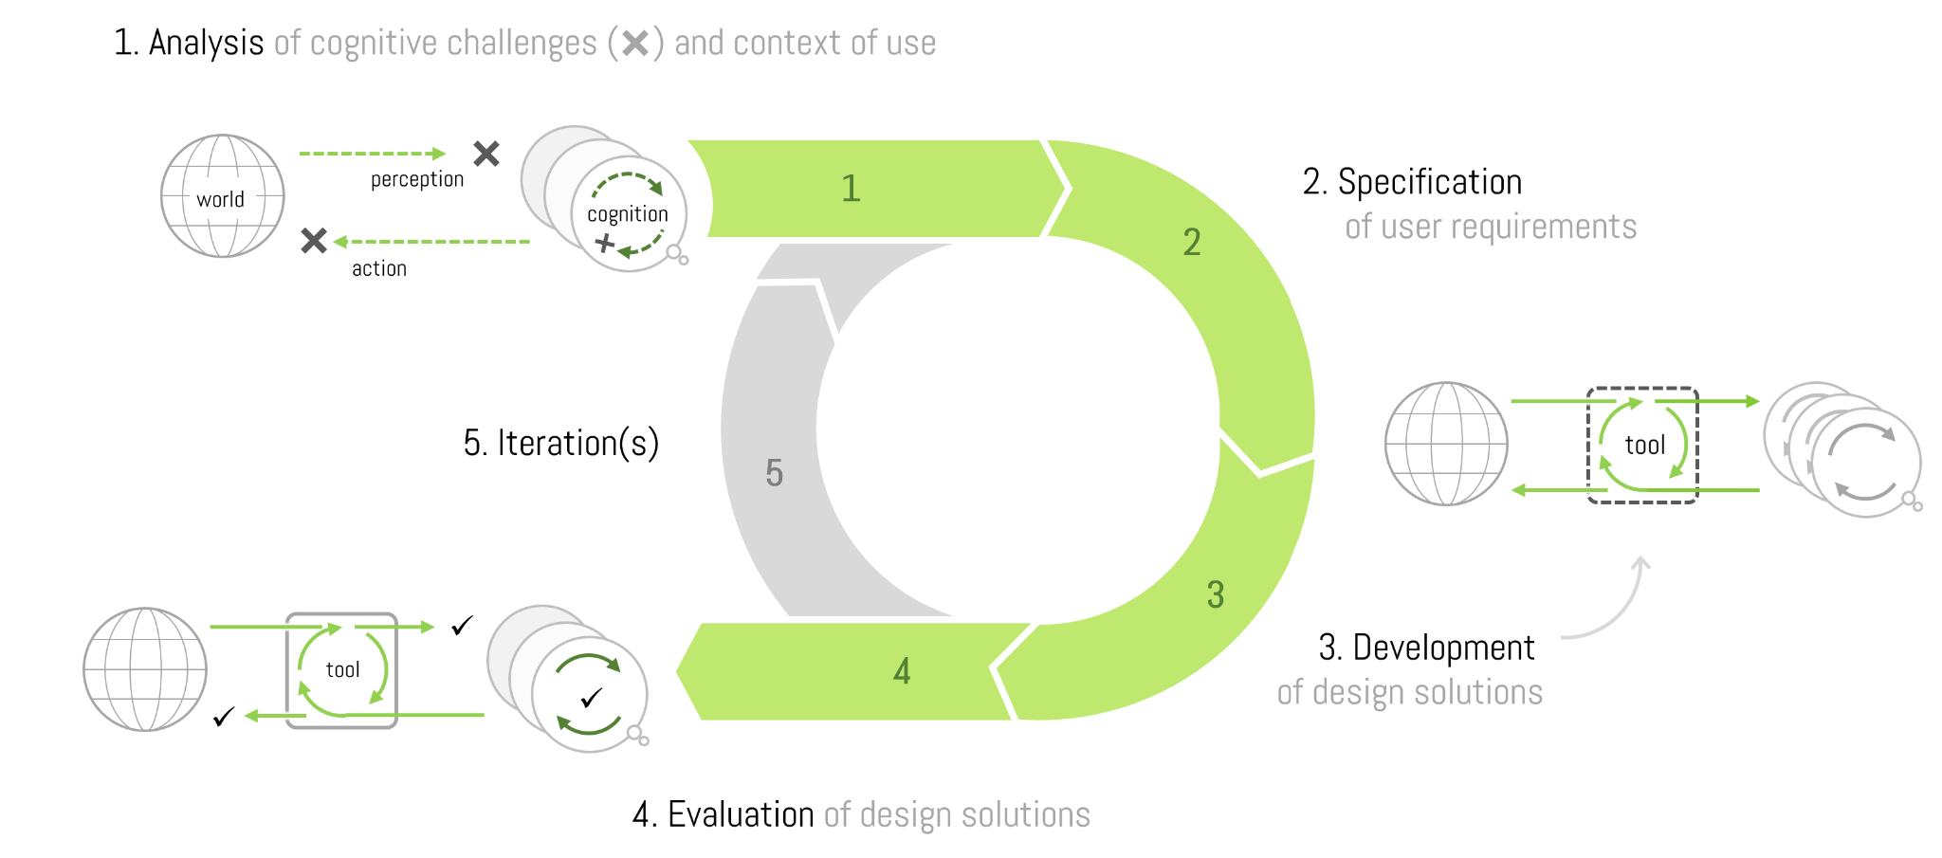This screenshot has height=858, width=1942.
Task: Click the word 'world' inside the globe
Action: tap(220, 199)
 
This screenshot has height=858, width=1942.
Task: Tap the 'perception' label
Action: tap(417, 179)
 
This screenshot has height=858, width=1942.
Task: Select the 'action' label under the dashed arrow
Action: tap(379, 268)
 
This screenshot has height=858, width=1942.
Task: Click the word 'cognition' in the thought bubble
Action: tap(627, 214)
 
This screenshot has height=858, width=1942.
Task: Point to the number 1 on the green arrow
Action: tap(851, 189)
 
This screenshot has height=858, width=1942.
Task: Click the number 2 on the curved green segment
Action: tap(1192, 243)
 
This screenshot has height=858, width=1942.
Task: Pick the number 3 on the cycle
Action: tap(1216, 595)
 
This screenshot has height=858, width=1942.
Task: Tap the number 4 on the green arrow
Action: tap(902, 672)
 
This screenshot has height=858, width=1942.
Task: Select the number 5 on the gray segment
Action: tap(775, 473)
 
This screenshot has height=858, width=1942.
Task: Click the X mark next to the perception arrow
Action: tap(486, 154)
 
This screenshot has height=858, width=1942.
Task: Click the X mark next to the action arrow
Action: tap(314, 241)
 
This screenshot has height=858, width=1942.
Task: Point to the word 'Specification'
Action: tap(1429, 182)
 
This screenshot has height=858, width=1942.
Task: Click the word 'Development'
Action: tap(1443, 648)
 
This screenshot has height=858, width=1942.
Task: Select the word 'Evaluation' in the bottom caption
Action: tap(741, 814)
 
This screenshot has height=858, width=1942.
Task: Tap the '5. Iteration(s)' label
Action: tap(561, 443)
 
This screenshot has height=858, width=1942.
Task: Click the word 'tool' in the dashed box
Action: tap(1644, 446)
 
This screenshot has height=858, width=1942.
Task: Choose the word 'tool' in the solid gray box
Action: tap(342, 670)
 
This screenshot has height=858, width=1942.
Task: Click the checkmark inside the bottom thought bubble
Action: tap(592, 699)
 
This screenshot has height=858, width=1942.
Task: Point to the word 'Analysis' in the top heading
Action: tap(206, 43)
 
